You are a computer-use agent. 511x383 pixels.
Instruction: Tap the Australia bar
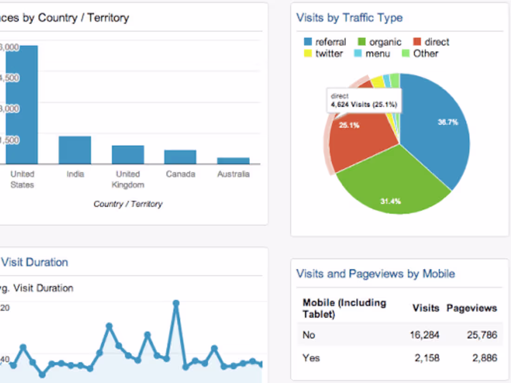[233, 161]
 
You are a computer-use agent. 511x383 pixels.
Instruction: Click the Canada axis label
[180, 174]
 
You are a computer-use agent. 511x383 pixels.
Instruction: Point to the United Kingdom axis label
[128, 179]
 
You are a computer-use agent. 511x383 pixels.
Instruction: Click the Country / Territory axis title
[128, 204]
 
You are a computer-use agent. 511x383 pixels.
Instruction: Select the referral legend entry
[325, 42]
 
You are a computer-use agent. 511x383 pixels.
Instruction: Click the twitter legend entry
[324, 53]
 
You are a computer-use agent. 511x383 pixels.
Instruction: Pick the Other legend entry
[420, 53]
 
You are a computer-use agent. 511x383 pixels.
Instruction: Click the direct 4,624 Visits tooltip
[364, 100]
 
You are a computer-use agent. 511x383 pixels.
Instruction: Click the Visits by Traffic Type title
[349, 18]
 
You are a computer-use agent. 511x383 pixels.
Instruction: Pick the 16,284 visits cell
[425, 335]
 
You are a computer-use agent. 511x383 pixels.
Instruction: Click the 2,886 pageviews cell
[482, 358]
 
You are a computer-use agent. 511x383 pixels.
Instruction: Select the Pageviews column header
[472, 308]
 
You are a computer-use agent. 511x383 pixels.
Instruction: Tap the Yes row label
[311, 358]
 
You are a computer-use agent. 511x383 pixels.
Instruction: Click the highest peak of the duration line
[176, 303]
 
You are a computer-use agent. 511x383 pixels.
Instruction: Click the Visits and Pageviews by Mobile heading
[375, 273]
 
